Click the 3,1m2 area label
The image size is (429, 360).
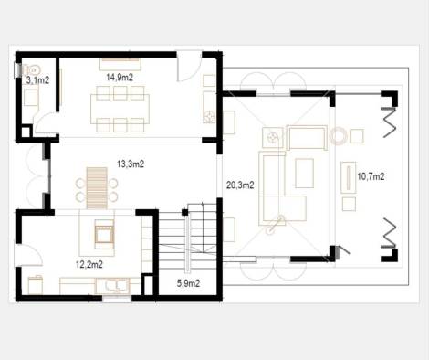tap(37, 80)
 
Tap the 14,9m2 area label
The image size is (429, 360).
tap(120, 78)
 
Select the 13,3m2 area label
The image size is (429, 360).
tap(130, 164)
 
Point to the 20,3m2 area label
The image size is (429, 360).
tap(239, 185)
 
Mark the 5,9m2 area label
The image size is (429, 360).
tap(187, 284)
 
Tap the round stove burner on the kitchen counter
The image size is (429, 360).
tap(209, 116)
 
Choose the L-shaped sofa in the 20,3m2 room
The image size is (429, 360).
tap(278, 188)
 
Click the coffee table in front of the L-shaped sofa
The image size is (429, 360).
tap(305, 172)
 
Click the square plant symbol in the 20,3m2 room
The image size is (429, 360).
tap(271, 137)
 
